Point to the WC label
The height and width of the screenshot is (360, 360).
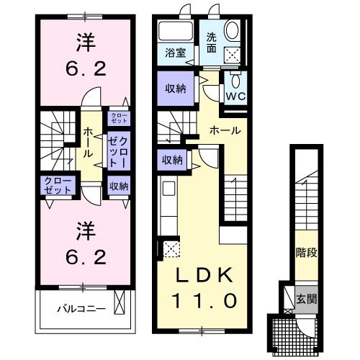(x=236, y=95)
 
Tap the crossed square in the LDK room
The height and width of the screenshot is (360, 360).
(x=171, y=251)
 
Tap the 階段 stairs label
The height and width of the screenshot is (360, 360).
(x=306, y=253)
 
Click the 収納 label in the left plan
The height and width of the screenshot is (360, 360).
(x=119, y=186)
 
